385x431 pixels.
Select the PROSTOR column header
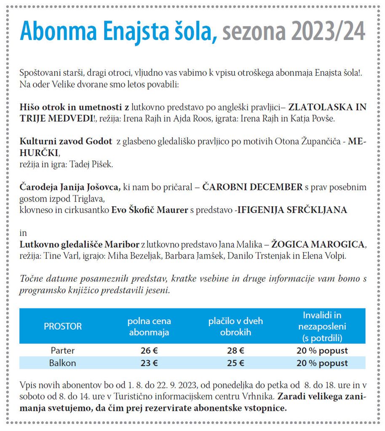[x=63, y=326]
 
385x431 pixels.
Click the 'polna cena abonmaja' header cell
[x=149, y=326]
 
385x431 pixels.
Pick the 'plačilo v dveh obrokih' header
[x=235, y=326]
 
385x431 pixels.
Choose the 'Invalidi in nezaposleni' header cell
[x=322, y=326]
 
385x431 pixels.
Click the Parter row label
[x=63, y=351]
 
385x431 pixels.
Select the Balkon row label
[x=63, y=363]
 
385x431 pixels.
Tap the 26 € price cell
[x=149, y=351]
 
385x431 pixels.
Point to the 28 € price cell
[x=235, y=351]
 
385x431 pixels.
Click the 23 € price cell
[x=149, y=363]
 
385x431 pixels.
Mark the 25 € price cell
[x=235, y=363]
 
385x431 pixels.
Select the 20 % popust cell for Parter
[x=322, y=351]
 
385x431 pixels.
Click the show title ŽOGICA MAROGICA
[x=318, y=244]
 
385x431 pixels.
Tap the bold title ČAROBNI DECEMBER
[x=252, y=187]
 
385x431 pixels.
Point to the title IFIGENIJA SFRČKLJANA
[x=292, y=210]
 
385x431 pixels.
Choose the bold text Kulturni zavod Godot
[x=66, y=141]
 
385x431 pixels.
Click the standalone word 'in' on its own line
[x=23, y=233]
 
